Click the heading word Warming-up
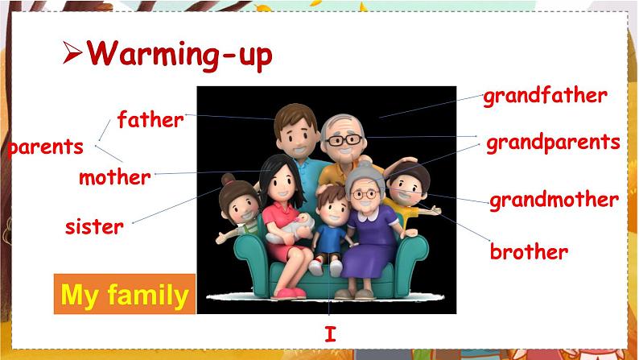(x=179, y=54)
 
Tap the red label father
(x=150, y=121)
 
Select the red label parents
(x=45, y=147)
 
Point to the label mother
(x=114, y=177)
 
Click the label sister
(x=94, y=226)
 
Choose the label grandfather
(x=544, y=97)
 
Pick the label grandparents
(x=552, y=143)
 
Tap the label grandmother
(x=554, y=200)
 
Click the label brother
(x=529, y=252)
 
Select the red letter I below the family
(x=330, y=334)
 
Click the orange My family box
(x=124, y=296)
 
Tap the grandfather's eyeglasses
(x=344, y=140)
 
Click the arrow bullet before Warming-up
(x=73, y=55)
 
